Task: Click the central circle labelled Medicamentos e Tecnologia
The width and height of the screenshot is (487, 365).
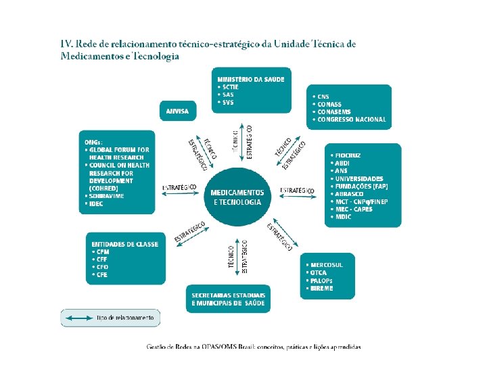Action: pyautogui.click(x=237, y=197)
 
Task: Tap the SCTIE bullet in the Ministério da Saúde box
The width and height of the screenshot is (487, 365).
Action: pyautogui.click(x=228, y=87)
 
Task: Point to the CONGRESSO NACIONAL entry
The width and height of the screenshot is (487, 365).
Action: pyautogui.click(x=352, y=119)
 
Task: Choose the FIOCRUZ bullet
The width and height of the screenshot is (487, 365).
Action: pyautogui.click(x=348, y=155)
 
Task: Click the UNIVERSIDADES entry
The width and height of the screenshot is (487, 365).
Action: pyautogui.click(x=358, y=178)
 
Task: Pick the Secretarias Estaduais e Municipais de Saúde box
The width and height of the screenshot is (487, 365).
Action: pyautogui.click(x=229, y=299)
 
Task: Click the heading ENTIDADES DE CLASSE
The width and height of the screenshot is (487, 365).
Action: pyautogui.click(x=124, y=244)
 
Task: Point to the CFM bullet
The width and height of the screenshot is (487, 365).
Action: pyautogui.click(x=102, y=252)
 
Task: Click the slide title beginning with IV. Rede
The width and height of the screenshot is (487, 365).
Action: pyautogui.click(x=208, y=50)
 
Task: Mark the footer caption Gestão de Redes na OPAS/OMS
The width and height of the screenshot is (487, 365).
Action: pyautogui.click(x=254, y=347)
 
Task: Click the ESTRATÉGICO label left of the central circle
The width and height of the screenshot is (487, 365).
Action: pyautogui.click(x=179, y=187)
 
